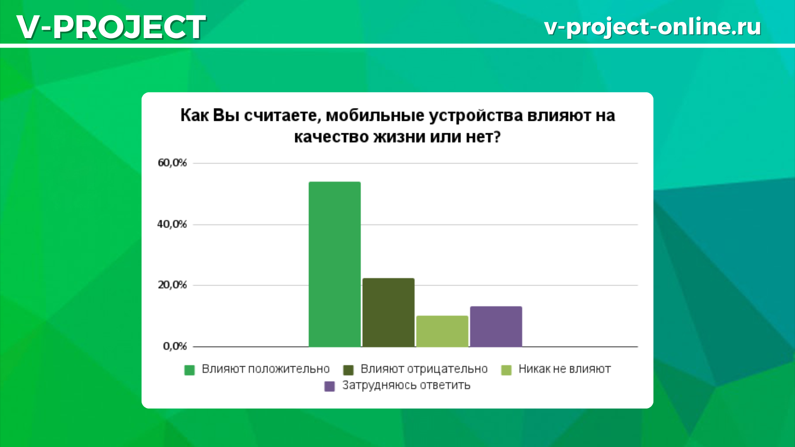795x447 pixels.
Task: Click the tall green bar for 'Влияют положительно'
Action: click(x=335, y=264)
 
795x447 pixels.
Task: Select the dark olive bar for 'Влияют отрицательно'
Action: click(x=388, y=312)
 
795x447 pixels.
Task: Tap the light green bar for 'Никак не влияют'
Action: click(x=442, y=331)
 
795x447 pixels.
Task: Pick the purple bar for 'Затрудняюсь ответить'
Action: click(x=496, y=327)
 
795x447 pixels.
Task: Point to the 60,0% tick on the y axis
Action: click(x=172, y=163)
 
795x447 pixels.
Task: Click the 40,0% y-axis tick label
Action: click(x=172, y=224)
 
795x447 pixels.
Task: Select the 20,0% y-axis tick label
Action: click(x=172, y=285)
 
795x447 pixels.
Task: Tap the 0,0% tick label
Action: click(x=175, y=346)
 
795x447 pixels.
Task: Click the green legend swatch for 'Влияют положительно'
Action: click(x=189, y=370)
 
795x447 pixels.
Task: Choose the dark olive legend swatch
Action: click(x=348, y=370)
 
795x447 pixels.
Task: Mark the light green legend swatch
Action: click(x=506, y=370)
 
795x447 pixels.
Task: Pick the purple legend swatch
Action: click(x=329, y=387)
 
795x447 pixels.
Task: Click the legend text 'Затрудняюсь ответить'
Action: click(x=406, y=386)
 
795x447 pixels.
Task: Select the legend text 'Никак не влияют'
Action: click(x=565, y=369)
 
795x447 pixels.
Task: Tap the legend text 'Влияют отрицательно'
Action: click(x=424, y=369)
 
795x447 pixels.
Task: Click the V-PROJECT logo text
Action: click(x=111, y=27)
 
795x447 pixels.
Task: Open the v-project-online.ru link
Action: click(x=653, y=27)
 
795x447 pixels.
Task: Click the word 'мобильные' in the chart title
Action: click(x=375, y=115)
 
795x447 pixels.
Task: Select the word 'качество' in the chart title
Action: click(x=331, y=137)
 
